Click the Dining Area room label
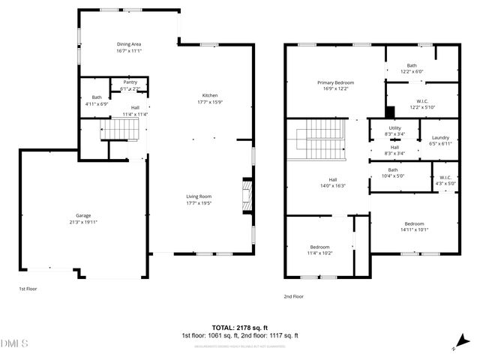(129, 44)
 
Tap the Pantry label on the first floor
(130, 83)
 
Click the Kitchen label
(210, 95)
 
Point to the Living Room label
(199, 196)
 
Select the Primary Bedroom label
(334, 82)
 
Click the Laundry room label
(440, 137)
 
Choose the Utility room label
(394, 128)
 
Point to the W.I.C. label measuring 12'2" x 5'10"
(421, 101)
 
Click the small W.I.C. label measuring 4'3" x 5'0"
(445, 178)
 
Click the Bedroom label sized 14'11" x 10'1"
(414, 223)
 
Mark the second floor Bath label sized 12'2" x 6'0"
(412, 65)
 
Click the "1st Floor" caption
(28, 288)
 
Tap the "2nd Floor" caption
(294, 296)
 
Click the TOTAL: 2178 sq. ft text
(240, 328)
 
